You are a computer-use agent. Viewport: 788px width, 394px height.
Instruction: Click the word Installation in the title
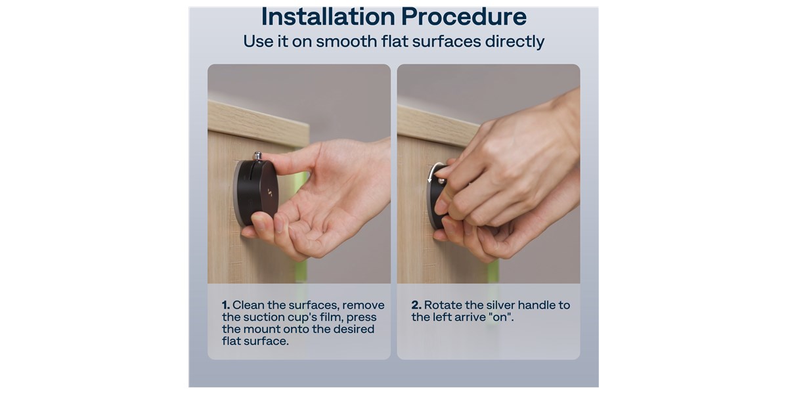click(x=328, y=17)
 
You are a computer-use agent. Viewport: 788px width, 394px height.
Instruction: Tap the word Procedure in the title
click(x=464, y=17)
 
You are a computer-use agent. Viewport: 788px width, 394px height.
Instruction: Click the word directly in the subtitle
click(x=515, y=41)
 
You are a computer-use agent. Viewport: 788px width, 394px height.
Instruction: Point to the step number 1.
click(x=225, y=305)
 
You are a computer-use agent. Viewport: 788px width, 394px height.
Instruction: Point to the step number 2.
click(x=416, y=305)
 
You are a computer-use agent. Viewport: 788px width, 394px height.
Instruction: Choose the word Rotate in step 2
click(x=443, y=305)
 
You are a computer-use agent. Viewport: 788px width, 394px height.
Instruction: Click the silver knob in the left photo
click(x=258, y=156)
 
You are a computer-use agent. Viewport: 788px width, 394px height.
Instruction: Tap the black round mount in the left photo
click(x=256, y=193)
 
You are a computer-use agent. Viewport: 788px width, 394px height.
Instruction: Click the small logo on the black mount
click(x=270, y=192)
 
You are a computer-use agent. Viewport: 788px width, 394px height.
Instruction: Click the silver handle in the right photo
click(x=441, y=181)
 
